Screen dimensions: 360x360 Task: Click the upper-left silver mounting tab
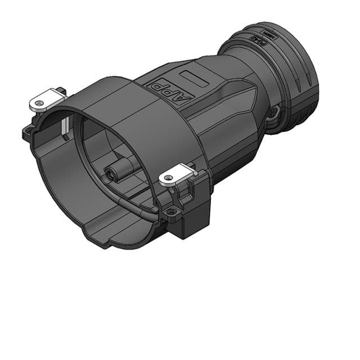46,100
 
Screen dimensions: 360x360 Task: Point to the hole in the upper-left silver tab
38,103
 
